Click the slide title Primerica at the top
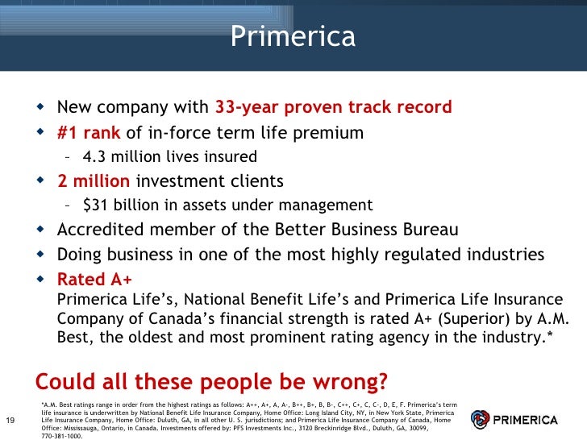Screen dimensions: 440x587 [x=293, y=36]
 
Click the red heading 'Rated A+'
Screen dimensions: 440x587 [x=94, y=280]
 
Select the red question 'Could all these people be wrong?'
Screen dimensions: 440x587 [x=213, y=380]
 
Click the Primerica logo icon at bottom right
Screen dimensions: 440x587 [x=481, y=419]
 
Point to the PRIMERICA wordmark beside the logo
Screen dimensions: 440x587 [x=534, y=419]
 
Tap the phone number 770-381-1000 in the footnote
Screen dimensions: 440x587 [x=61, y=436]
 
